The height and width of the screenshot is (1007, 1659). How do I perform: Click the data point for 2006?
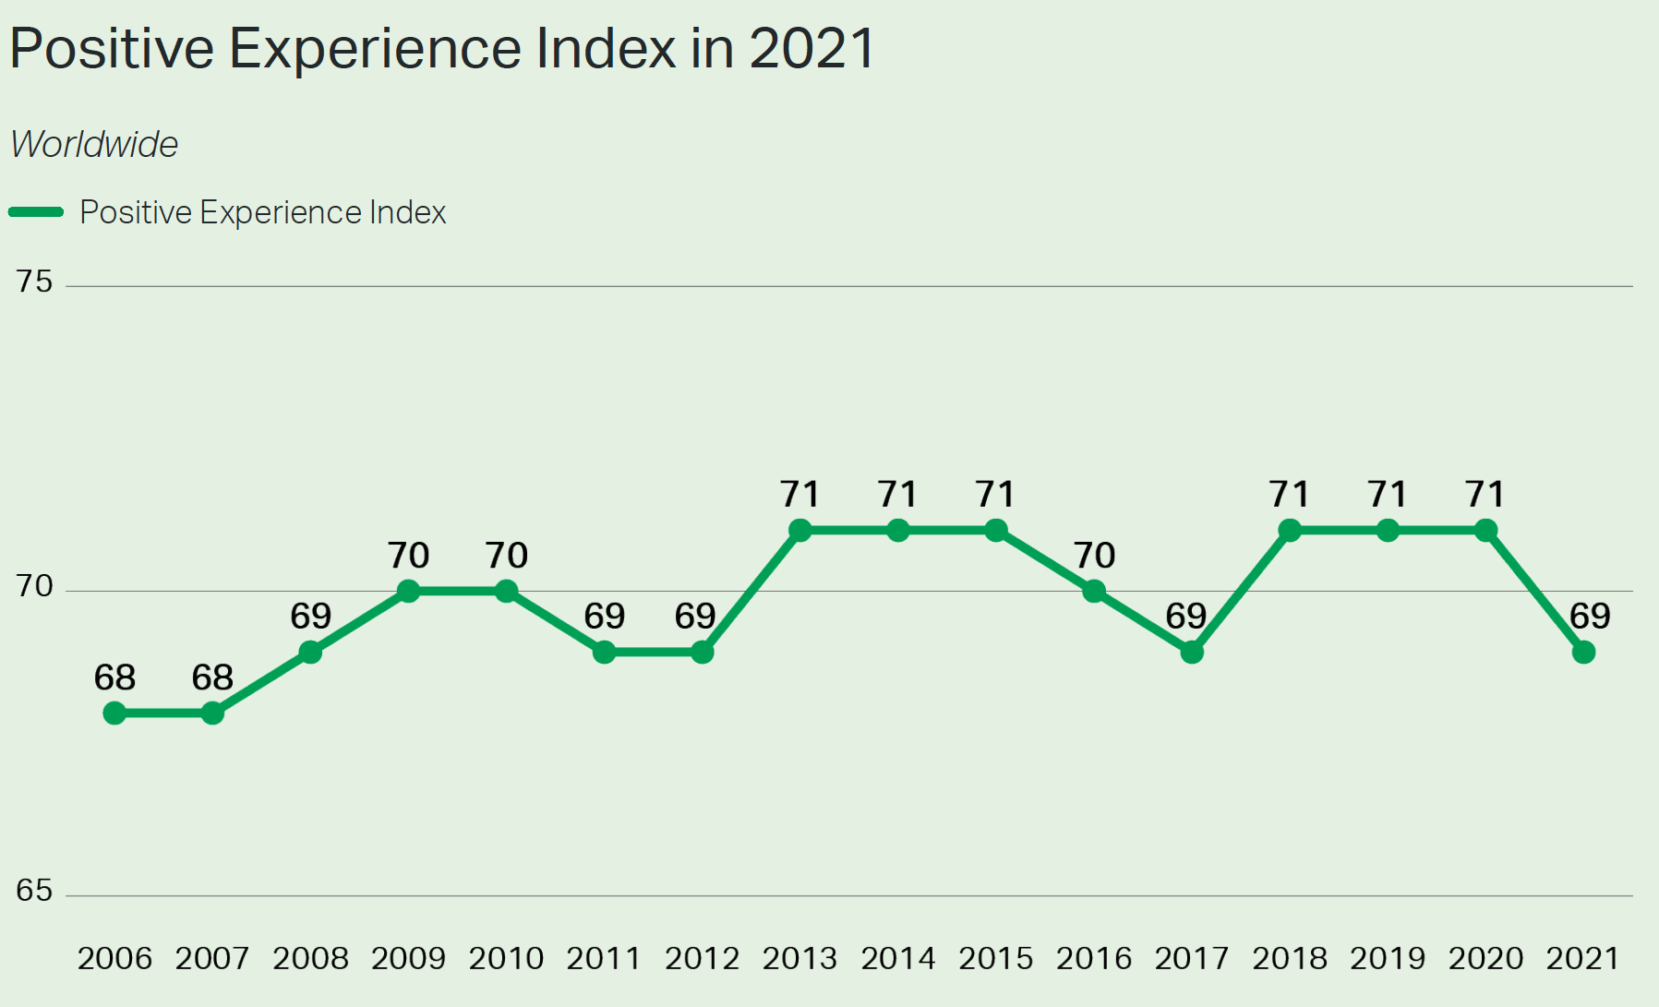114,713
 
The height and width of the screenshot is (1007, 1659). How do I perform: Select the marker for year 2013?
800,531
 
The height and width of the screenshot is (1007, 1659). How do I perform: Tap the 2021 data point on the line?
1583,653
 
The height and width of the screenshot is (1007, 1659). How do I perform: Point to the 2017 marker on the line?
1192,653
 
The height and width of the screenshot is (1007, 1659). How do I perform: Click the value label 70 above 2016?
1094,556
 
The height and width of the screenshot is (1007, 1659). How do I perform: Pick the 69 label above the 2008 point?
310,617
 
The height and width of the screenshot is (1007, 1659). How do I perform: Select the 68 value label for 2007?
212,678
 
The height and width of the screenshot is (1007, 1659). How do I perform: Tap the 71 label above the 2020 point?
1485,495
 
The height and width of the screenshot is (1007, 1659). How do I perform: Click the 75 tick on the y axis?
34,282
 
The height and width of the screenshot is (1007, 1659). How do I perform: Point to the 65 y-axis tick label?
34,891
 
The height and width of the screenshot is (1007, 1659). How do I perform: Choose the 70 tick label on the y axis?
34,586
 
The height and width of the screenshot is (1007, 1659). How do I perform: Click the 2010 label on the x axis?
506,959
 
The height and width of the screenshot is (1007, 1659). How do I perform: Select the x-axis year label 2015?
995,959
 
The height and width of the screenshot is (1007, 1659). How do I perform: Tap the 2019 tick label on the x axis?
1388,959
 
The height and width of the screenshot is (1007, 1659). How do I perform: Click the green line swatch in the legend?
36,212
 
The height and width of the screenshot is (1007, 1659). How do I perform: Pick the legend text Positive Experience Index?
263,212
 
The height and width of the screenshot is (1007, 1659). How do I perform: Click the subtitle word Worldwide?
94,145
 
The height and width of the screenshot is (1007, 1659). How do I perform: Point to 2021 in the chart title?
811,48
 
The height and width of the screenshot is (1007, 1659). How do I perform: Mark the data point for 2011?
604,653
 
